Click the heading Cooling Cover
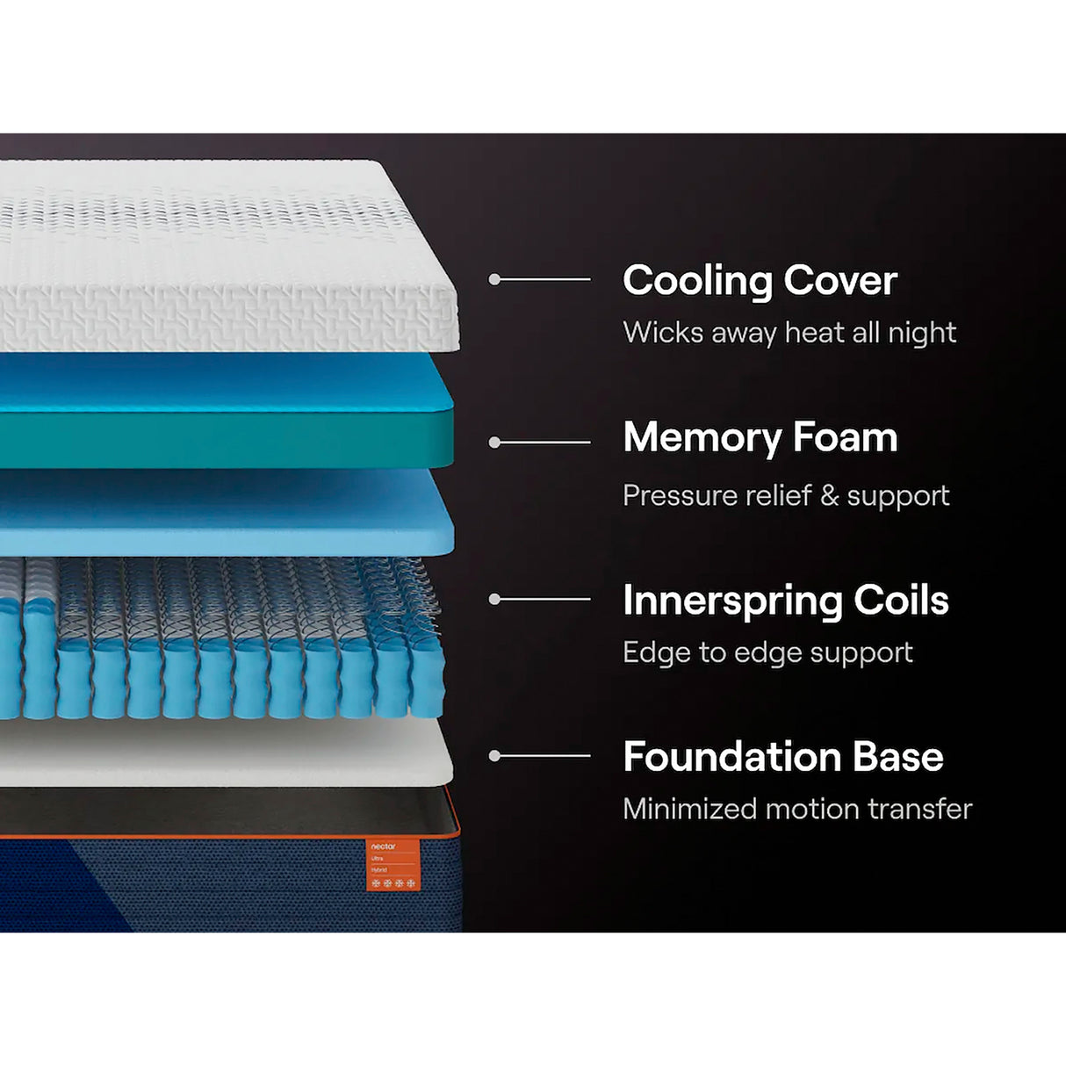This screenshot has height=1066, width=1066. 760,281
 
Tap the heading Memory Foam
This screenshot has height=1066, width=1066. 760,437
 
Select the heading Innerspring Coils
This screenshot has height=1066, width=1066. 785,601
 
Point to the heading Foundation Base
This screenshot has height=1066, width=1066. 782,757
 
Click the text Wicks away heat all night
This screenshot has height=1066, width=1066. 789,333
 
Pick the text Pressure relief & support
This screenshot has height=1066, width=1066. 785,495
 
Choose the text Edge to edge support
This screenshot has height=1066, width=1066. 767,652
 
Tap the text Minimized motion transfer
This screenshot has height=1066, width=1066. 796,809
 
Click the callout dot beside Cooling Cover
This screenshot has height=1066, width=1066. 494,279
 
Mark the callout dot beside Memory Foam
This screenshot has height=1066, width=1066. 494,443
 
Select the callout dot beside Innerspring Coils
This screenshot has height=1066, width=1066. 494,599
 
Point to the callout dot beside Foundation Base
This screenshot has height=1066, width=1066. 494,755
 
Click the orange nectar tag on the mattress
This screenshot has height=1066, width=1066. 393,865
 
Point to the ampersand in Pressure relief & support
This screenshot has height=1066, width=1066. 828,495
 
